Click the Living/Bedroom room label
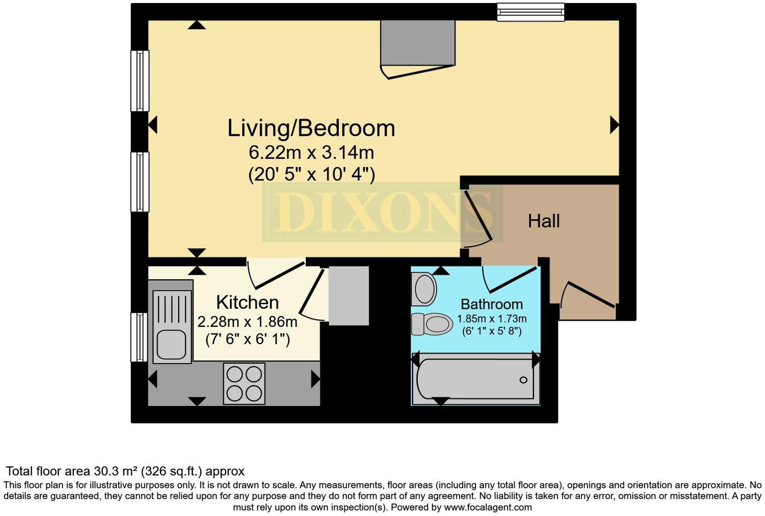311,128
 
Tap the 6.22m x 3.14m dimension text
311,151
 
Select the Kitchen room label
247,302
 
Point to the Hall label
544,221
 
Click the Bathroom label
491,304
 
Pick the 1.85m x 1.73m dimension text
491,319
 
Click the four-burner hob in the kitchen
244,383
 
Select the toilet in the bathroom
432,324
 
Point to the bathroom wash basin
424,289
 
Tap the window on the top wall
530,12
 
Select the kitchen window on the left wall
139,337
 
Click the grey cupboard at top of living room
418,43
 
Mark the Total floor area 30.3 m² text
125,471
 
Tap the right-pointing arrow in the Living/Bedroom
614,124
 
